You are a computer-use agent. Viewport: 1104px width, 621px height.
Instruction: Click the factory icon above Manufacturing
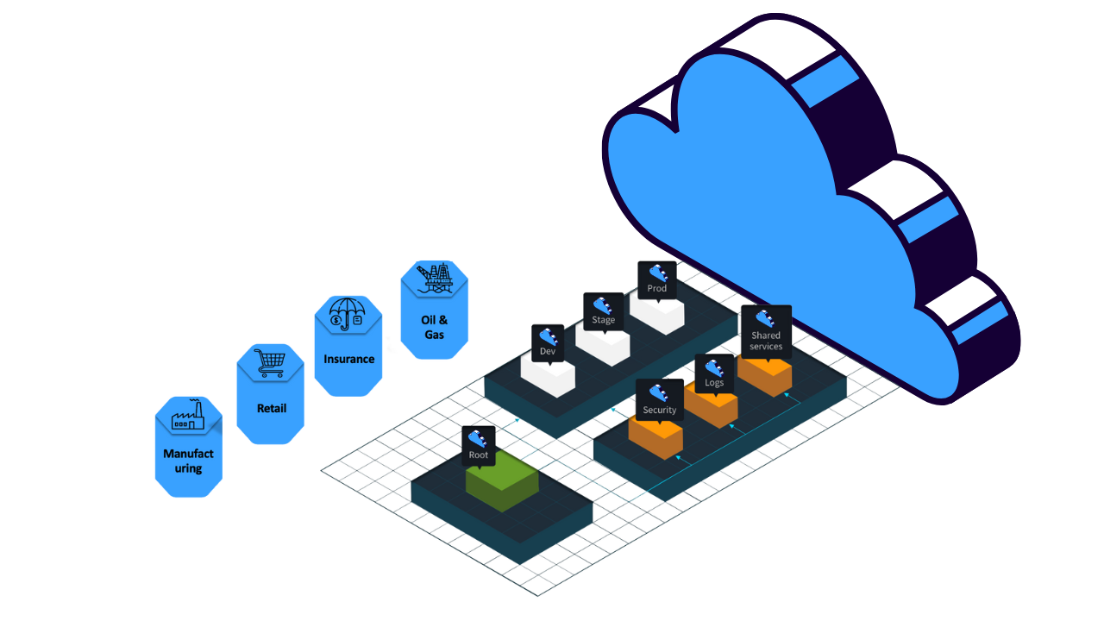188,416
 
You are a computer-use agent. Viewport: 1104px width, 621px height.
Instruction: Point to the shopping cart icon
270,363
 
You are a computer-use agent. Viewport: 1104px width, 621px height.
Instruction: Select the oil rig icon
435,278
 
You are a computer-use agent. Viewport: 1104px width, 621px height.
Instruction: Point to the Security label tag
660,399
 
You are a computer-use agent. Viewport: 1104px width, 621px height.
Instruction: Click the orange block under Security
655,437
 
